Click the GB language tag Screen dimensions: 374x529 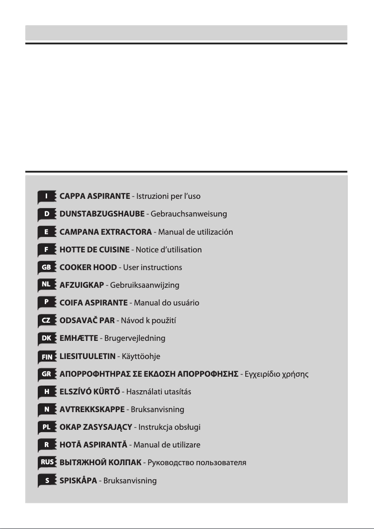pos(47,267)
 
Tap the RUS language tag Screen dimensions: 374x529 pos(47,462)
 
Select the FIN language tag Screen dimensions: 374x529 pos(47,356)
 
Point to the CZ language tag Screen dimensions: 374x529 pos(47,320)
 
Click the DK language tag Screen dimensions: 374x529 pos(47,338)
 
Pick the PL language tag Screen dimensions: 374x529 pos(47,427)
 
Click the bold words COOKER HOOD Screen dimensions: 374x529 pos(88,267)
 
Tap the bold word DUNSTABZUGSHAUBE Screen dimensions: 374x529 pos(102,214)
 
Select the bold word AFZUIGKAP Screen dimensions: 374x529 pos(82,285)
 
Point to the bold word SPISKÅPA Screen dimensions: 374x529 pos(78,480)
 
